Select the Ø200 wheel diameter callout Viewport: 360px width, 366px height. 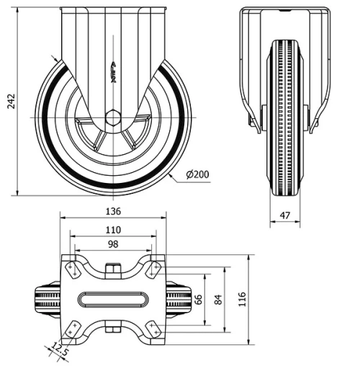click(197, 174)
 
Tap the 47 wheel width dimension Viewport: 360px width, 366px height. click(286, 214)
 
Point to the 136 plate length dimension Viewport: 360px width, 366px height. click(113, 211)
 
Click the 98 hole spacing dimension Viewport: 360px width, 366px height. click(113, 245)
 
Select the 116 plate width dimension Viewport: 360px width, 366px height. click(242, 296)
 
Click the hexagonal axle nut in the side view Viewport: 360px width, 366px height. click(113, 117)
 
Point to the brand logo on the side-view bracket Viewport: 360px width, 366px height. click(113, 72)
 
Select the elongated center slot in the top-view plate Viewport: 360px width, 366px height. click(113, 298)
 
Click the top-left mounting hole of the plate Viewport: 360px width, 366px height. click(73, 270)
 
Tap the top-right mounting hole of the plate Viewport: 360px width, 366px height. click(153, 270)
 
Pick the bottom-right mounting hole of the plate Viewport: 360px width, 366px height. click(153, 327)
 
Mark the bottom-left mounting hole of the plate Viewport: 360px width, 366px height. click(73, 327)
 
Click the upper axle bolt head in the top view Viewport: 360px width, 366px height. click(113, 270)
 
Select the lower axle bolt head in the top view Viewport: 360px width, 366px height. click(113, 330)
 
